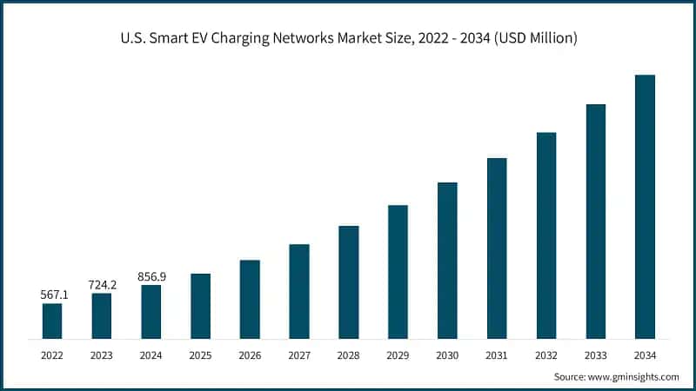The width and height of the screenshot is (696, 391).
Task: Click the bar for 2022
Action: point(52,321)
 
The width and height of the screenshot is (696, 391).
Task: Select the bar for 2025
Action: point(200,306)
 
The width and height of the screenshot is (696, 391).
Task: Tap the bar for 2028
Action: point(348,282)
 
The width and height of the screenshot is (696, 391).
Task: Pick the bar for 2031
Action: point(497,248)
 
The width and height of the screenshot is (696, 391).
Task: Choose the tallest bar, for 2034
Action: point(645,207)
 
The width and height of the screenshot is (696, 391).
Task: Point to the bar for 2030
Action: point(447,260)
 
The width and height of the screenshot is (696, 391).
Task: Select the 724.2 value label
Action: point(102,285)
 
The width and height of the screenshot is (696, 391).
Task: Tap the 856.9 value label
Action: point(151,276)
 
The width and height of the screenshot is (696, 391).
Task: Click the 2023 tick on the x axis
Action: point(102,355)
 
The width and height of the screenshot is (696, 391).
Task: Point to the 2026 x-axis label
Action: point(250,355)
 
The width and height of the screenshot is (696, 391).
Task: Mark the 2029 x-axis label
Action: point(398,355)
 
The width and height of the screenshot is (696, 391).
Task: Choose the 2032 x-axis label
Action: point(546,355)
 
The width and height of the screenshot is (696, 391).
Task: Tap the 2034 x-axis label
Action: point(645,355)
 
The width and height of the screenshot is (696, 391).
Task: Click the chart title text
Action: point(348,38)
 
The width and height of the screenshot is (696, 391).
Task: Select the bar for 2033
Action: point(595,221)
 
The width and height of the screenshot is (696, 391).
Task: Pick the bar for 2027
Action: point(299,291)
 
